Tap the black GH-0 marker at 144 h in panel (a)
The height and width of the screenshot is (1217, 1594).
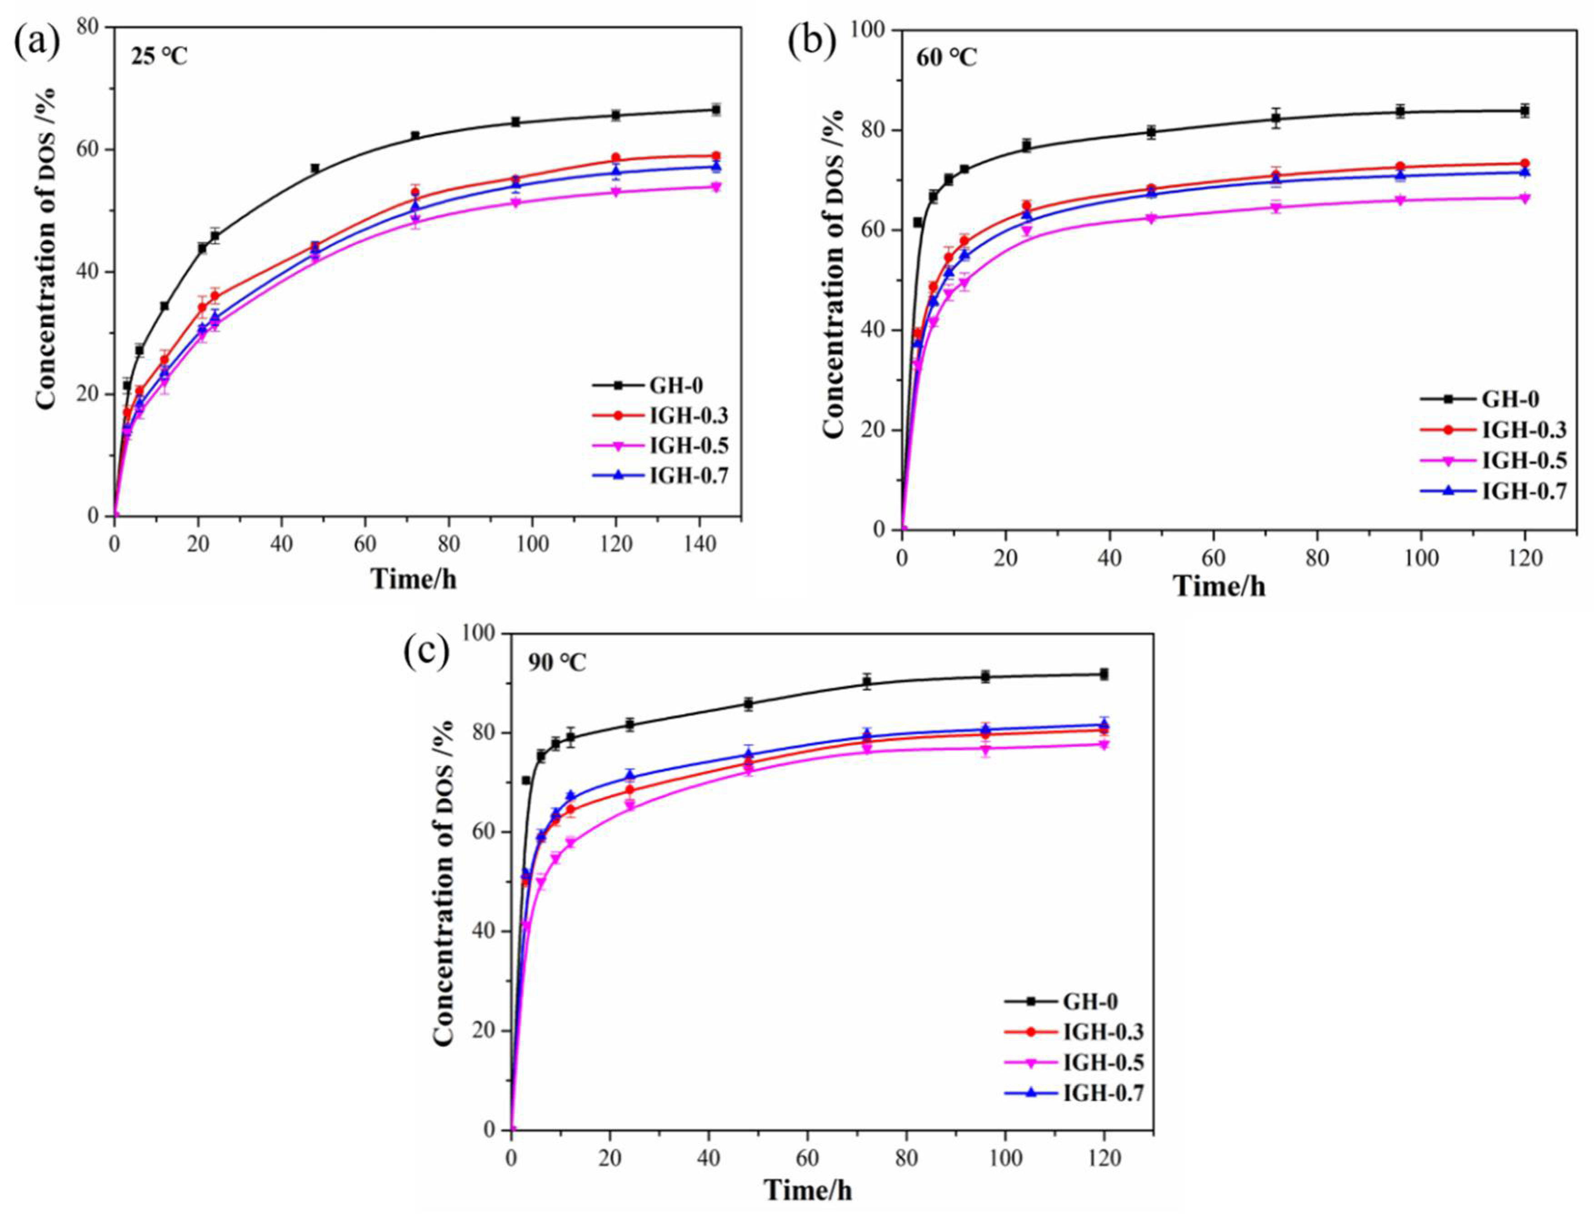point(716,110)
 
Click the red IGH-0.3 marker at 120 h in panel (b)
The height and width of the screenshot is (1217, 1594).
point(1524,164)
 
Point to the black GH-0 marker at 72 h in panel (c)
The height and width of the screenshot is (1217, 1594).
point(867,682)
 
